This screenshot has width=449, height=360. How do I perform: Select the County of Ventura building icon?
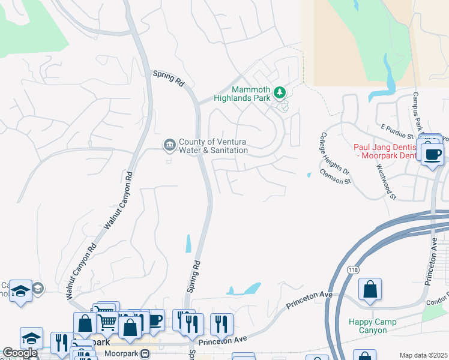point(169,145)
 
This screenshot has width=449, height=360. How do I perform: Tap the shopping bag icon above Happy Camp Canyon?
point(370,291)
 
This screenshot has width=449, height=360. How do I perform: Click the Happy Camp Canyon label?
point(372,326)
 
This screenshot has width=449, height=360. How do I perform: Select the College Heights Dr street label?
point(330,154)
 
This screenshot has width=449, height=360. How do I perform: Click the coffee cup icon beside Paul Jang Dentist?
point(432,155)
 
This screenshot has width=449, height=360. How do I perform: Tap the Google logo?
point(19,353)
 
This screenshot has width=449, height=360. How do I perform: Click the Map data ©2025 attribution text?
point(423,355)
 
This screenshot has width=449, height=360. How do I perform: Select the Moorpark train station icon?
point(145,355)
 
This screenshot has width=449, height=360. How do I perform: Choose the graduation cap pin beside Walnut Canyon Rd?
point(21,292)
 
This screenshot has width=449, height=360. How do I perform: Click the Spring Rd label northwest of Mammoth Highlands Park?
point(168,79)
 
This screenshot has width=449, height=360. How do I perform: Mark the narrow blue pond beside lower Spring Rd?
point(188,243)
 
